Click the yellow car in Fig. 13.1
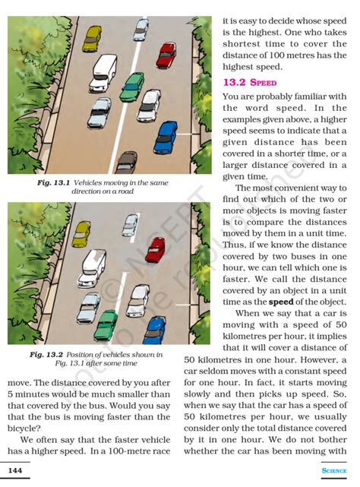(x=92, y=38)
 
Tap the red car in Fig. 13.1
(x=166, y=54)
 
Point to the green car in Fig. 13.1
(x=132, y=86)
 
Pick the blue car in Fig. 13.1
(x=165, y=136)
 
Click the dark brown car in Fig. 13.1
(x=125, y=162)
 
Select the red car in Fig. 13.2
(x=155, y=248)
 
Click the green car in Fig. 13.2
(x=106, y=324)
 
